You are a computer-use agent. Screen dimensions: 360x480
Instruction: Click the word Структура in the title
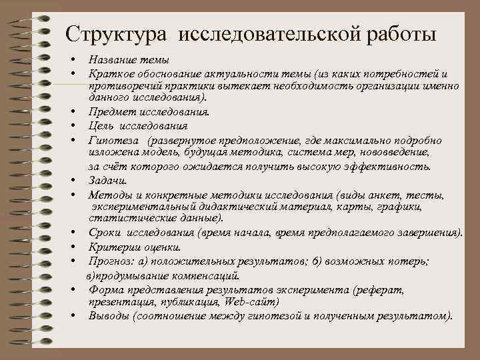point(111,33)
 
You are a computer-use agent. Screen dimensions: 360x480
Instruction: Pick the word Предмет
point(109,112)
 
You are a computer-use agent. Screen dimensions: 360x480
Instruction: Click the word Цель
point(100,125)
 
